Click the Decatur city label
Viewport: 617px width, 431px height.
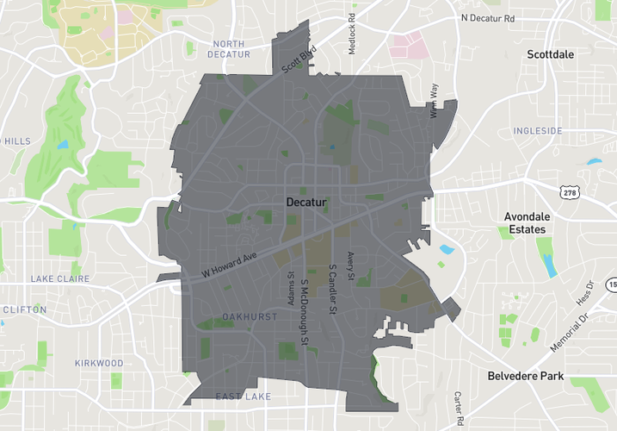306,203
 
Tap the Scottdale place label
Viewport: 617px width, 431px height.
550,54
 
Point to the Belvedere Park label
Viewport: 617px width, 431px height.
525,376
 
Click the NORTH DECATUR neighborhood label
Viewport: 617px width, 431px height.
229,49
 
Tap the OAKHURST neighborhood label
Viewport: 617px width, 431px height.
250,317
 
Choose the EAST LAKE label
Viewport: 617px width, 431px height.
244,397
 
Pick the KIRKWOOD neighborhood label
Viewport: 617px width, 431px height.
99,363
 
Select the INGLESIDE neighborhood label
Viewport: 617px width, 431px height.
537,131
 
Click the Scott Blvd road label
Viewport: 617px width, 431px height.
299,60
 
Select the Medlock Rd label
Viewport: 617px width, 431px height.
352,34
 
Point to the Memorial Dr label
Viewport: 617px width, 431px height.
572,329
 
